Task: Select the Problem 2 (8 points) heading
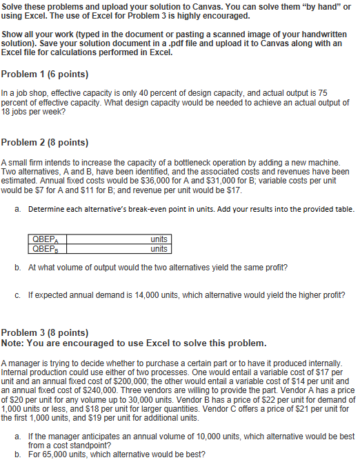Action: click(45, 143)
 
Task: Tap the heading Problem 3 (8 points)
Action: click(45, 332)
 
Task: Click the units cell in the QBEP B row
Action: click(158, 248)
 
